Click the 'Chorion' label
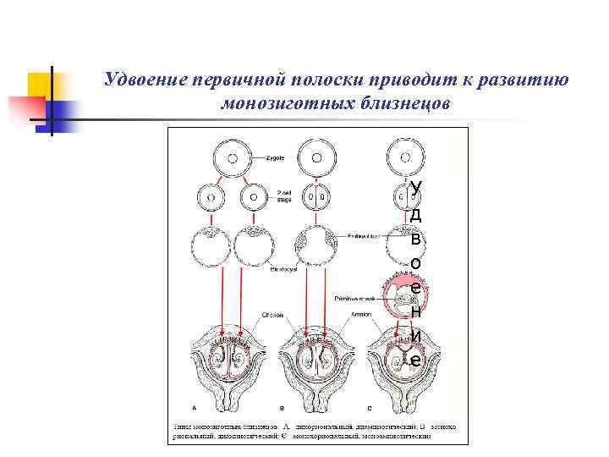pos(273,313)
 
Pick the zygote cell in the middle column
pos(316,157)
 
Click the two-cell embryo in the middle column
pos(316,199)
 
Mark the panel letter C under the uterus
pos(369,408)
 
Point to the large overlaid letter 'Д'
pos(415,213)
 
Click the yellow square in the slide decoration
pos(40,85)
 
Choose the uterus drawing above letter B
pos(316,360)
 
